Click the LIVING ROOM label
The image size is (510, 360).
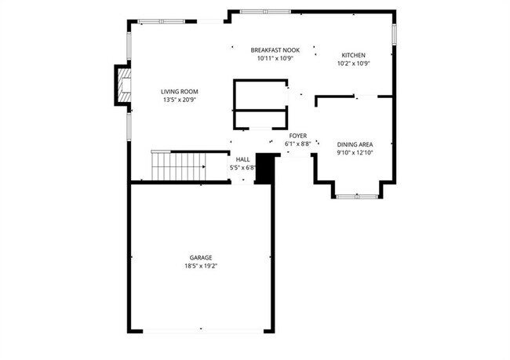180,91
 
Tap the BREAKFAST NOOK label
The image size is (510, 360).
275,49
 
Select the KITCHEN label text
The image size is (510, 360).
353,55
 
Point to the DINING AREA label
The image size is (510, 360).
355,144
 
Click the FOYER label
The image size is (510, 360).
298,136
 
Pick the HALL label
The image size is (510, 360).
243,159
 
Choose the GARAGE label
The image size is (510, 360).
201,257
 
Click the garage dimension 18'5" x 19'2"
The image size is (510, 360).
201,266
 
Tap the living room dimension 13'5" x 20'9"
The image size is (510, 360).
180,100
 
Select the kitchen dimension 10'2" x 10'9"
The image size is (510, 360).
353,64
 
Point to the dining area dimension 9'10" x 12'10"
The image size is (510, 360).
355,153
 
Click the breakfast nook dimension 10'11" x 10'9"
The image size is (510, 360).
275,58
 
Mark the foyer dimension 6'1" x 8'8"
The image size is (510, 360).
298,144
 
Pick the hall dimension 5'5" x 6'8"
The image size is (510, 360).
243,167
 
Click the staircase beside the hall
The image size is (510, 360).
178,166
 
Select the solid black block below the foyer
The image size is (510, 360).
267,168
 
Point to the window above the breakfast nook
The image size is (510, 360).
264,11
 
